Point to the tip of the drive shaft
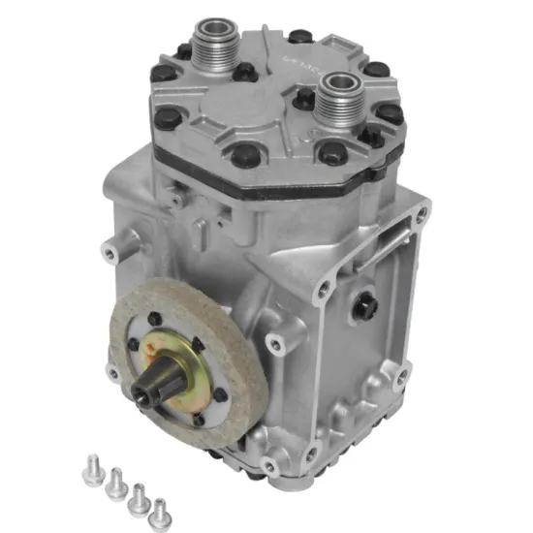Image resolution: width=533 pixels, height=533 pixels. point(148,393)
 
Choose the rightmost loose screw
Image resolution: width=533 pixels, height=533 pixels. point(158,507)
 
